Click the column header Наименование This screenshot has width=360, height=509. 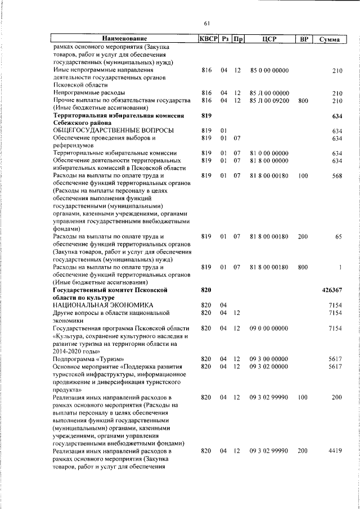point(123,39)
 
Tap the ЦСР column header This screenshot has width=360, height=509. point(268,39)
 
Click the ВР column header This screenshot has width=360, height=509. point(303,39)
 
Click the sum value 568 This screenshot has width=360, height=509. point(337,175)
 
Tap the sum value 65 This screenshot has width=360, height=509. point(339,237)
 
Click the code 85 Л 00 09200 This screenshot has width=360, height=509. point(269,100)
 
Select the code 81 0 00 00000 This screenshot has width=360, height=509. point(269,153)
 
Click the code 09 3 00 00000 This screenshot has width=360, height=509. point(269,358)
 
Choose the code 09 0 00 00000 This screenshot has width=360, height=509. point(269,328)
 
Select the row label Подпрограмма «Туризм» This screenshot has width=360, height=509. point(88,358)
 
